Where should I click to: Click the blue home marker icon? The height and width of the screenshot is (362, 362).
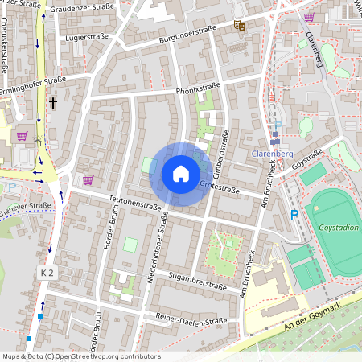pyautogui.click(x=180, y=174)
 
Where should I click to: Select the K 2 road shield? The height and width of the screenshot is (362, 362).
pyautogui.click(x=47, y=274)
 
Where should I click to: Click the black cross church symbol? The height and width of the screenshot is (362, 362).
pyautogui.click(x=53, y=103)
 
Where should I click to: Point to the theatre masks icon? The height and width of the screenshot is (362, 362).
pyautogui.click(x=239, y=26)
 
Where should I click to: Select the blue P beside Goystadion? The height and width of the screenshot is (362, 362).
pyautogui.click(x=294, y=215)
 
